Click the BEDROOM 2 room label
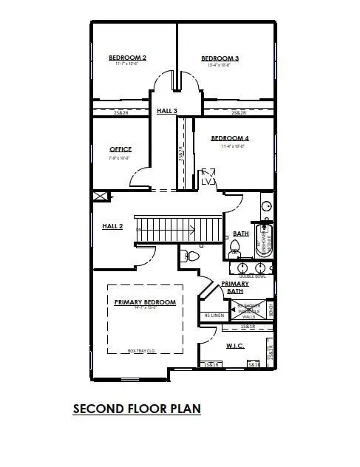[x=127, y=58]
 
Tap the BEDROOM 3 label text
[x=220, y=58]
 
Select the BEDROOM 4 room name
[x=229, y=138]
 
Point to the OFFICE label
[x=120, y=149]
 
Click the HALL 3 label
[x=167, y=111]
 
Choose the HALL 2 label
[x=112, y=226]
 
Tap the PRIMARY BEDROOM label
[x=144, y=302]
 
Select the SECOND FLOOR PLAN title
[x=137, y=408]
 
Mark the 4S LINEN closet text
[x=214, y=316]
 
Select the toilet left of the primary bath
[x=191, y=256]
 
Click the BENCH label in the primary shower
[x=270, y=308]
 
